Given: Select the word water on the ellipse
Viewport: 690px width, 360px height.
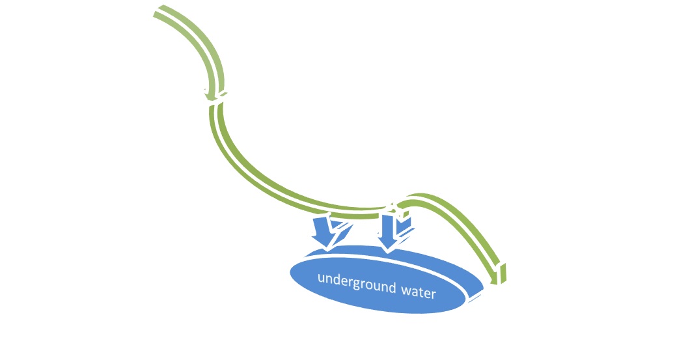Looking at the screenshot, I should click(x=415, y=291).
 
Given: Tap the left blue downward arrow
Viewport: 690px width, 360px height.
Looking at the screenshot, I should click(x=324, y=231).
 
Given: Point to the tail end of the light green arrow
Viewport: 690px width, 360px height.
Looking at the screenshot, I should click(x=158, y=11).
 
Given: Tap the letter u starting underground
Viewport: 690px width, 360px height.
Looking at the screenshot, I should click(x=320, y=278).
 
